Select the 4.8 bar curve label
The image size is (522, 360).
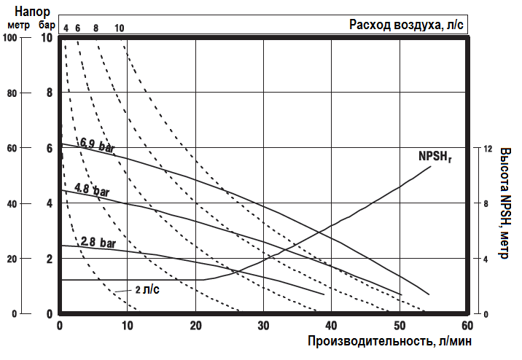(x=92, y=192)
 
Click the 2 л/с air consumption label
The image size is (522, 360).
(x=147, y=289)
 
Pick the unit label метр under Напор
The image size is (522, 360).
(x=17, y=27)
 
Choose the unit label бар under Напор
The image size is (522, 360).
(x=47, y=27)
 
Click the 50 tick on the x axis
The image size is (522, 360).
(x=400, y=325)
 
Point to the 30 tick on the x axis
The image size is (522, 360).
(x=263, y=325)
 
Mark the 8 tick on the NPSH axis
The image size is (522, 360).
(x=486, y=203)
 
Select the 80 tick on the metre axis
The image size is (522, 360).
(x=11, y=93)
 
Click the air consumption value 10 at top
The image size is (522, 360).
(x=119, y=28)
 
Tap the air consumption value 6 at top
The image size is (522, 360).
(x=77, y=28)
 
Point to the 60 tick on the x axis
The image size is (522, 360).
(x=467, y=325)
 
